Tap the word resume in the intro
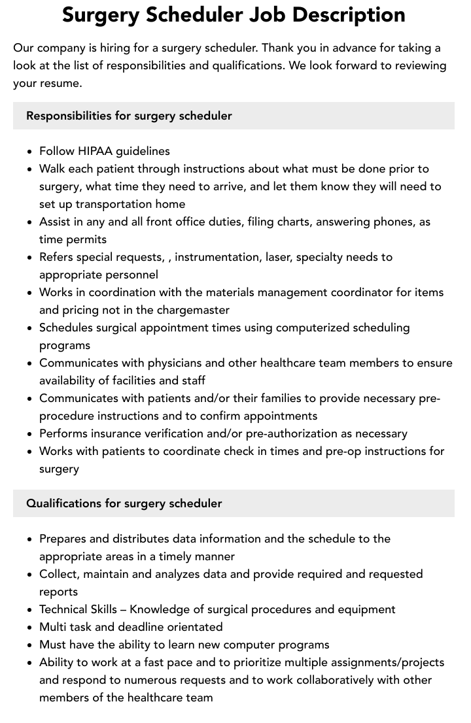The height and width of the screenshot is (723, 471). tap(61, 83)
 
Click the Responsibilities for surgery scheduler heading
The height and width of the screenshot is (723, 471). tap(129, 116)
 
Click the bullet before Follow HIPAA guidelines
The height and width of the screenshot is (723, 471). tap(29, 152)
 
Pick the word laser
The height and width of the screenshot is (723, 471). tap(277, 257)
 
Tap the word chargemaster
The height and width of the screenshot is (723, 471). tap(195, 310)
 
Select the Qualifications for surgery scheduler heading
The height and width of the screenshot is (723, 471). tap(124, 503)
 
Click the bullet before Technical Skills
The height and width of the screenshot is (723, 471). tap(29, 610)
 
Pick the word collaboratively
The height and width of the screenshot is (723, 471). tap(343, 680)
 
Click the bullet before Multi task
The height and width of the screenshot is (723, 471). tap(29, 628)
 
